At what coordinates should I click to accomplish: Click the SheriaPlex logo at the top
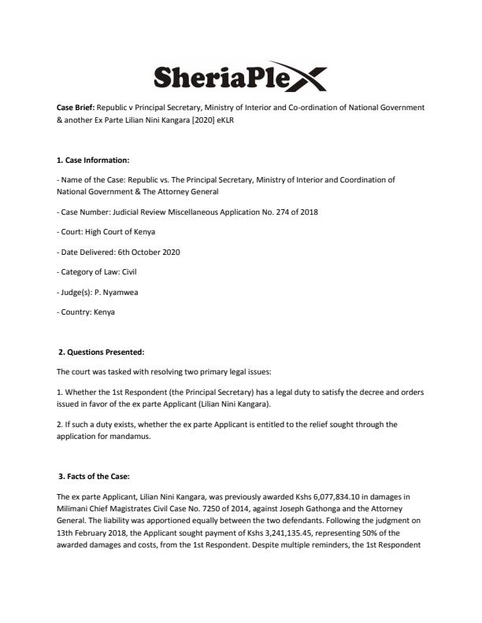click(238, 77)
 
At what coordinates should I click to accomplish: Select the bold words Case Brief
click(75, 106)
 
